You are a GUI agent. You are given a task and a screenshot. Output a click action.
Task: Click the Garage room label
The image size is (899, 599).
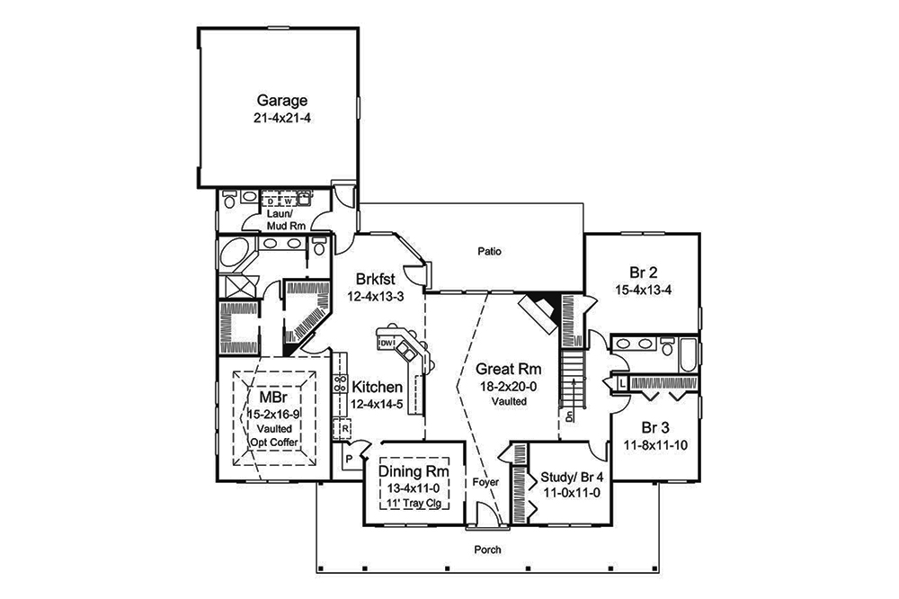pyautogui.click(x=282, y=101)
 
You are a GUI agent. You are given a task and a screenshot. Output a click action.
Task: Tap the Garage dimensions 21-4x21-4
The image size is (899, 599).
pyautogui.click(x=282, y=118)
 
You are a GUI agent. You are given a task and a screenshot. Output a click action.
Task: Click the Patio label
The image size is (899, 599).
pyautogui.click(x=490, y=252)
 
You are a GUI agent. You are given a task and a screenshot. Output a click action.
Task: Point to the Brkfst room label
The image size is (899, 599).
pyautogui.click(x=375, y=279)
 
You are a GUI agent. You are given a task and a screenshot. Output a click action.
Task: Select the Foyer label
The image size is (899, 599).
pyautogui.click(x=485, y=483)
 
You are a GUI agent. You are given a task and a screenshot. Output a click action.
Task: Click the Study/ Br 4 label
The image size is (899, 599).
pyautogui.click(x=570, y=476)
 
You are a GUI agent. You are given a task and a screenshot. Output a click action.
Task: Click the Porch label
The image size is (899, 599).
pyautogui.click(x=488, y=550)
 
